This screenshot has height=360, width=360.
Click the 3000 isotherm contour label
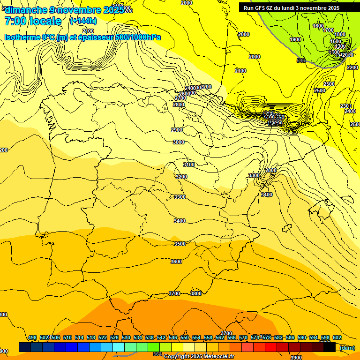tap(178, 142)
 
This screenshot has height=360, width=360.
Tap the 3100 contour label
tap(188, 165)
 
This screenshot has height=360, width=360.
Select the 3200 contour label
tap(181, 177)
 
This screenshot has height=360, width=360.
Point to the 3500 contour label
tap(180, 244)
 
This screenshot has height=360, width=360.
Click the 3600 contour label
tap(176, 262)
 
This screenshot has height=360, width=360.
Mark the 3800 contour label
tap(196, 293)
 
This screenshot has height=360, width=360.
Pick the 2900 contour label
tap(177, 130)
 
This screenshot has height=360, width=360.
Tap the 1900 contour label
tap(295, 39)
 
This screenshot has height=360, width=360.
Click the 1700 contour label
tap(328, 30)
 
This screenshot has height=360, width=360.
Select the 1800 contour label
tap(340, 34)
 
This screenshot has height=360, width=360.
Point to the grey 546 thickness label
tap(301, 60)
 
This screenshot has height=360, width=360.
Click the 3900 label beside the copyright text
tap(296, 357)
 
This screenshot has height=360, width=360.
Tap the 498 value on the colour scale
tap(32, 337)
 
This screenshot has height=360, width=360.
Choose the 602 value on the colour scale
tap(337, 337)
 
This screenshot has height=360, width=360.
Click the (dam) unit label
tap(347, 347)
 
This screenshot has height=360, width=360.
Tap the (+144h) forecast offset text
tap(83, 21)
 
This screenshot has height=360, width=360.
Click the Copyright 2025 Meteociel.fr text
tap(199, 356)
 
